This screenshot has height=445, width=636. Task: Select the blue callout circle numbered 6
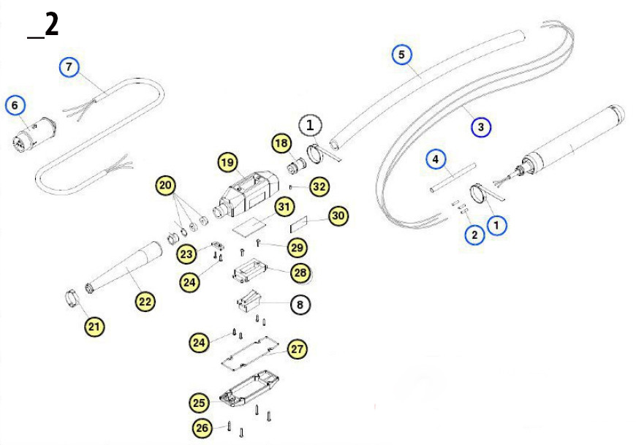tap(15, 105)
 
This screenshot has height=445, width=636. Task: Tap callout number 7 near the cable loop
tap(69, 67)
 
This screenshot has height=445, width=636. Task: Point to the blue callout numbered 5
tap(401, 54)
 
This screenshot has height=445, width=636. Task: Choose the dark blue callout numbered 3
tap(480, 127)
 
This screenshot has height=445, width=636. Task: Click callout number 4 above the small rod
tap(435, 159)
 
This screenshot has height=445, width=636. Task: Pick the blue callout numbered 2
tap(474, 235)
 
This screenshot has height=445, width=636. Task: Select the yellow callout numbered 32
tap(319, 186)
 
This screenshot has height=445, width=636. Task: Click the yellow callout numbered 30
tap(338, 216)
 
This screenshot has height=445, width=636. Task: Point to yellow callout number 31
tap(284, 208)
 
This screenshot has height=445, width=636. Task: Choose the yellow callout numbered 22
tap(145, 300)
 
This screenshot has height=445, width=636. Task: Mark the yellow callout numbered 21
tap(93, 327)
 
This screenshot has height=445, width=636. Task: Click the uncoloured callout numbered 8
tap(299, 303)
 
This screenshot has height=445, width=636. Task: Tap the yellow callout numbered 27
tap(296, 349)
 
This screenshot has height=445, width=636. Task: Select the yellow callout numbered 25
tap(200, 402)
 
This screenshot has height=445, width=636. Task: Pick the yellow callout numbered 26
tap(203, 427)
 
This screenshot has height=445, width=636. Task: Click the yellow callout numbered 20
tap(167, 186)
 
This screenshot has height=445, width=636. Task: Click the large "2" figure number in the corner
tap(50, 26)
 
